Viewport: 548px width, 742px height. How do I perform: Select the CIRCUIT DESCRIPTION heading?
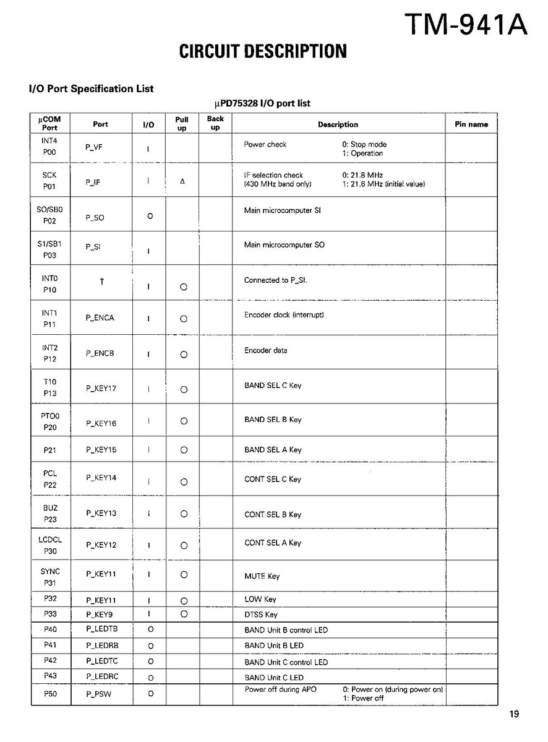(x=263, y=51)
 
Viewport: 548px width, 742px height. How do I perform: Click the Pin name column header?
(x=471, y=124)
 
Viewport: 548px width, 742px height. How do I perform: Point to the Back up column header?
(x=215, y=123)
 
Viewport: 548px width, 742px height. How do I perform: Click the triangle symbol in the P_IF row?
(x=182, y=181)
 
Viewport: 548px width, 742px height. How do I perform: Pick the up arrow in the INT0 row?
(x=102, y=282)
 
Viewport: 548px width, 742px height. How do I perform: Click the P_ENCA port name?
(x=100, y=318)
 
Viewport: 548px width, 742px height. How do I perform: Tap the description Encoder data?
(x=265, y=350)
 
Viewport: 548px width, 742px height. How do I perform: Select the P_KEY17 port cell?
(x=101, y=389)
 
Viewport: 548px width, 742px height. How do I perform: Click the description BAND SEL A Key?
(x=273, y=450)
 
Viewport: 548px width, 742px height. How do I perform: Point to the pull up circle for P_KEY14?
(x=184, y=482)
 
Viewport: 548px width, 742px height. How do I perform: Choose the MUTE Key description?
(x=262, y=576)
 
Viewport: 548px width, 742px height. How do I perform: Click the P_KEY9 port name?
(x=99, y=615)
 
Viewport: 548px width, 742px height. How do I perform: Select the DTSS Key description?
(x=260, y=615)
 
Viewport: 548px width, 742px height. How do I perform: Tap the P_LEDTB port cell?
(x=101, y=629)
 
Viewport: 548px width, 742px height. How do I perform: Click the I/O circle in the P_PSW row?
(x=150, y=694)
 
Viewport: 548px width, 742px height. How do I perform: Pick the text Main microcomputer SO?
(x=284, y=245)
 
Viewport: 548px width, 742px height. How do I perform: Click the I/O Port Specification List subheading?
(x=91, y=88)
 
